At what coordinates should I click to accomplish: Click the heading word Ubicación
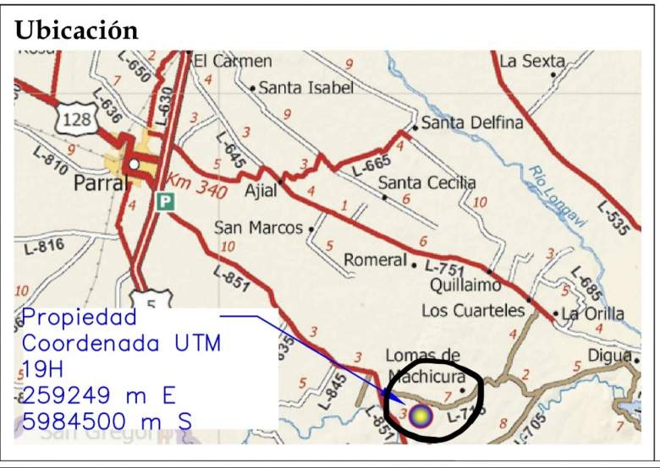76,30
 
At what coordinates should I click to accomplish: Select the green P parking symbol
164,202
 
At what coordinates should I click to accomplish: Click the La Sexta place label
531,61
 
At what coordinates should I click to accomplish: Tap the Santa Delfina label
472,123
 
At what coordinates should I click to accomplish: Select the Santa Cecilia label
426,182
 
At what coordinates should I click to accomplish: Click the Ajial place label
260,191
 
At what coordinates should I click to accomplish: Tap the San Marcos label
258,228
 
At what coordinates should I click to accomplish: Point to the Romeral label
375,260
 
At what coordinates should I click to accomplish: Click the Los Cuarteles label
473,310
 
